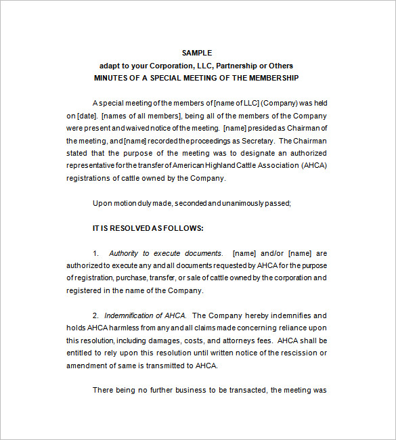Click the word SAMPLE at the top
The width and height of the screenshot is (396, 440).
pyautogui.click(x=197, y=53)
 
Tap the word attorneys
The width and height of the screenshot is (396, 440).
pyautogui.click(x=236, y=340)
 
